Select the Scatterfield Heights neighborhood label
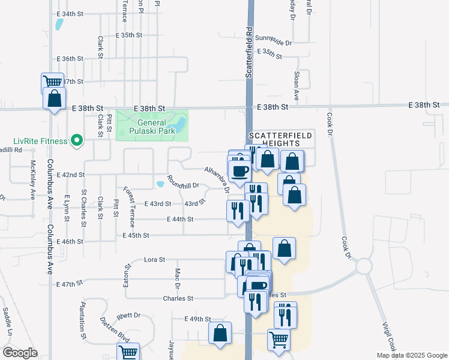(280, 140)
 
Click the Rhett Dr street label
(128, 315)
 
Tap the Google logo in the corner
(19, 353)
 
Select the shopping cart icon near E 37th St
(52, 82)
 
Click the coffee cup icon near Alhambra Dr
(241, 170)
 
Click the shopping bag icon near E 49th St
(220, 333)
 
